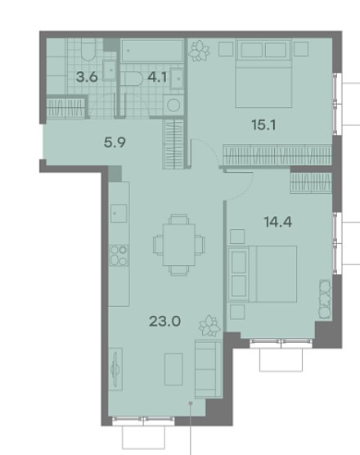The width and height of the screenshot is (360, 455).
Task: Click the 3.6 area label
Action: (87, 77)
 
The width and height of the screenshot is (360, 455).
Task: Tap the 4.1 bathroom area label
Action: (157, 77)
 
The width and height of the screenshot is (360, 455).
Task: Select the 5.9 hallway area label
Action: (115, 142)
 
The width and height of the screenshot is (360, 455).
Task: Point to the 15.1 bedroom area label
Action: (263, 125)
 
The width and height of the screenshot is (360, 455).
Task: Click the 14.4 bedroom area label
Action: (278, 223)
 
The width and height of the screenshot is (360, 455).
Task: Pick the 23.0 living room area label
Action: (164, 322)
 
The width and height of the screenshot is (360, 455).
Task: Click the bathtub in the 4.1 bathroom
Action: (152, 51)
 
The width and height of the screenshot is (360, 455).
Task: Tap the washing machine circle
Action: (173, 106)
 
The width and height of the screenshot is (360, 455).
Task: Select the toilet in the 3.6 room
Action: (88, 50)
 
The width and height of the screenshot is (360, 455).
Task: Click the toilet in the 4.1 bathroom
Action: (132, 79)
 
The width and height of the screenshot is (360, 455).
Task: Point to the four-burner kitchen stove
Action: (119, 255)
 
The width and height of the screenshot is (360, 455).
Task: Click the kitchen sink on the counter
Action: (119, 214)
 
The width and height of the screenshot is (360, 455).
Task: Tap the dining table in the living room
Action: (179, 245)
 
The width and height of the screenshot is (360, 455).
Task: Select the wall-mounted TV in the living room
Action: (115, 369)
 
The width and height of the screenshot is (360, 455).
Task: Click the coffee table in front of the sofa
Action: (173, 369)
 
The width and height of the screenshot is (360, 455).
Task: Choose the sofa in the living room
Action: (209, 368)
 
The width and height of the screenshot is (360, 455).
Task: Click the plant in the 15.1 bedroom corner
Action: (199, 51)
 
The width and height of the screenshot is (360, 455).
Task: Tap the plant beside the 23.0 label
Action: (209, 326)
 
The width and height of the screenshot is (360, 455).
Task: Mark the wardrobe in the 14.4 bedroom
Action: (311, 182)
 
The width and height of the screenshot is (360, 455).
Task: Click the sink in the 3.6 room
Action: (110, 70)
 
